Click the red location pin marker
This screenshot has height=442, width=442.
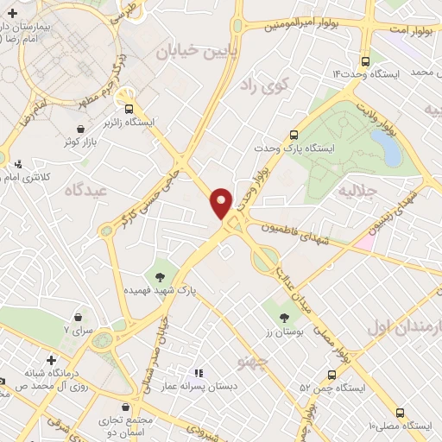pyautogui.click(x=221, y=202)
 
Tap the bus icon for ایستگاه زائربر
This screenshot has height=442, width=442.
pyautogui.click(x=129, y=110)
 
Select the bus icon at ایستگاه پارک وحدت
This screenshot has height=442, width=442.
pyautogui.click(x=294, y=135)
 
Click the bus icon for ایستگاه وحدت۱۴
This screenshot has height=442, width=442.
pyautogui.click(x=365, y=61)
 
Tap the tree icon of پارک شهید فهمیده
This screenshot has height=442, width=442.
pyautogui.click(x=159, y=277)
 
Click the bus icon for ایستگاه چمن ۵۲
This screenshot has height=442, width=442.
pyautogui.click(x=331, y=373)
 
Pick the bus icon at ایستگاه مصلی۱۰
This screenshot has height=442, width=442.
pyautogui.click(x=401, y=413)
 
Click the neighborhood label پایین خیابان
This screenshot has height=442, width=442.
pyautogui.click(x=190, y=51)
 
